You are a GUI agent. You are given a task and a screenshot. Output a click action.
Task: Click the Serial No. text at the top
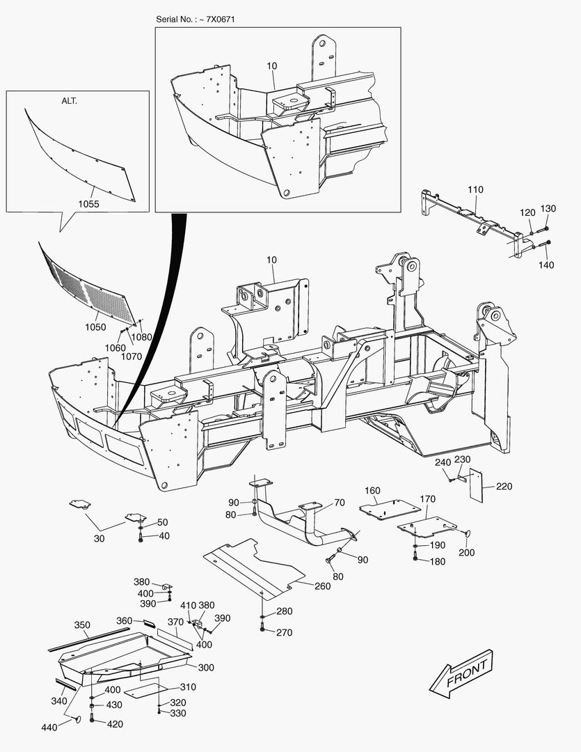pos(195,19)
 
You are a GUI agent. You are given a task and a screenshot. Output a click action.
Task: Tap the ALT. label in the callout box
pos(69,100)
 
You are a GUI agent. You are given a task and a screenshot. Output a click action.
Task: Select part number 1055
pos(89,204)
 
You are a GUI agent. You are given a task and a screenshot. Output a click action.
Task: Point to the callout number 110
pos(475,189)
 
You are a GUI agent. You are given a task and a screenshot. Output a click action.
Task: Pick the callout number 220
pos(504,487)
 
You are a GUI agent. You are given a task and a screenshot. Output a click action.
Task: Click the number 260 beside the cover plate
pos(322,586)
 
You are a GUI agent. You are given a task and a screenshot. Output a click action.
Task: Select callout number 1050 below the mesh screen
pos(95,327)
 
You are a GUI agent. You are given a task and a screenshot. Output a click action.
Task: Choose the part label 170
pos(427,499)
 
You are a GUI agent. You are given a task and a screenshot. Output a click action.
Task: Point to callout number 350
pos(82,625)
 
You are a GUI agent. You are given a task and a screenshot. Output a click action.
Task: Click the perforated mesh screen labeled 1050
pos(87,285)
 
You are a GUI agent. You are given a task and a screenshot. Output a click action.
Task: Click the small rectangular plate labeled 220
pos(476,485)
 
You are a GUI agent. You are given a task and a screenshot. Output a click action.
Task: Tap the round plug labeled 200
pos(465,533)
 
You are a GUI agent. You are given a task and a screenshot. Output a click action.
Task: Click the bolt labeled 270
pos(262,630)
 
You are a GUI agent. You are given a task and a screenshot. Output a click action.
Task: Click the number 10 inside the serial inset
pos(271,65)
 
